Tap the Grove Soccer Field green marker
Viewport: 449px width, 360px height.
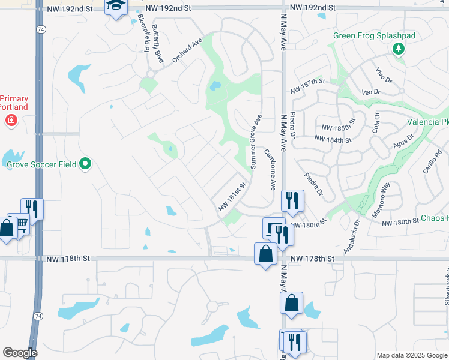(85, 163)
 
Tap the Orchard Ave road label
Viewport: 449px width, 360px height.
(187, 52)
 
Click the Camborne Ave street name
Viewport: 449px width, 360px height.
(270, 170)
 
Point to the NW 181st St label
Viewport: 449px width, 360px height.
(233, 196)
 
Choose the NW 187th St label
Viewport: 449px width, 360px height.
(307, 81)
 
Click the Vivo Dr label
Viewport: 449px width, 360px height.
(379, 76)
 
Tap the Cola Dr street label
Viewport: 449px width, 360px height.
(376, 123)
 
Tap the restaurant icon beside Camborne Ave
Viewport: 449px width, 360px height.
(292, 200)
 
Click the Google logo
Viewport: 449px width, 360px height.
(20, 352)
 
